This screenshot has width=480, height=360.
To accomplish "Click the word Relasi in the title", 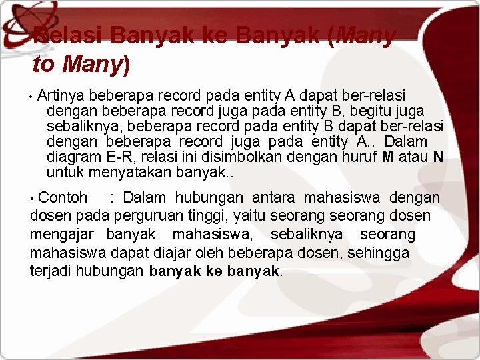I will (67, 35).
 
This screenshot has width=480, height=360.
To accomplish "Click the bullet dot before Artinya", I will (31, 97).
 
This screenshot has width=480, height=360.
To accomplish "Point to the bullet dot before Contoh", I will (33, 198).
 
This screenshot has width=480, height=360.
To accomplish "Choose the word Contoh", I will (63, 198).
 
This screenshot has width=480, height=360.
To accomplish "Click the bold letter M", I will (388, 157).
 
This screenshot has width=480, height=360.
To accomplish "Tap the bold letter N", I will (438, 157).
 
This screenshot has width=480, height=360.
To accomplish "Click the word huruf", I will (359, 157).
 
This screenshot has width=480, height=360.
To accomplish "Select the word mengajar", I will (60, 235).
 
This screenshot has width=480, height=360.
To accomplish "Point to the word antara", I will (275, 198).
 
